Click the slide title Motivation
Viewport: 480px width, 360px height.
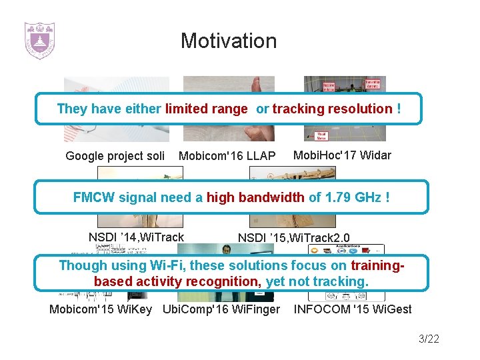tap(228, 41)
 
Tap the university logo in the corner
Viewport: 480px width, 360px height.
tap(39, 41)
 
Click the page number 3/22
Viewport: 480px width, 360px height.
tap(429, 339)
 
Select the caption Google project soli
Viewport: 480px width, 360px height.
tap(115, 156)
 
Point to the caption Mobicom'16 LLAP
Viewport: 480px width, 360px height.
tap(227, 156)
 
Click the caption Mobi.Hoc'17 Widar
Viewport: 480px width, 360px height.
tap(342, 155)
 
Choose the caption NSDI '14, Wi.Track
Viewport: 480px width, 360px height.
tap(136, 237)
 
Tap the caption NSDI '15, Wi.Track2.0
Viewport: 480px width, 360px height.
tap(293, 237)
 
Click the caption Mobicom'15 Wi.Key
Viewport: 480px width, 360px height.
tap(101, 309)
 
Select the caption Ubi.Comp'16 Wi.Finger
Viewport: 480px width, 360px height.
tap(221, 309)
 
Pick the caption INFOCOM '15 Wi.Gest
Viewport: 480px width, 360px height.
tap(353, 309)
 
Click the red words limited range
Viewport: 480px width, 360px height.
tap(206, 109)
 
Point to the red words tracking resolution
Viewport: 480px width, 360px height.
tap(332, 109)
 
